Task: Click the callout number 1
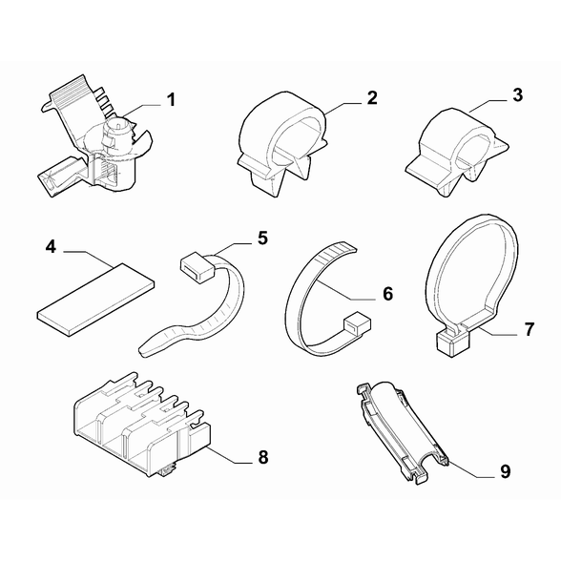coord(172,100)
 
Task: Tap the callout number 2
coord(372,98)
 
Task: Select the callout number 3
coord(517,95)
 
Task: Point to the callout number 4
coord(51,247)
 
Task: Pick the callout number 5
coord(262,239)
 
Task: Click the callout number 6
coord(387,294)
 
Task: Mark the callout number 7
coord(530,329)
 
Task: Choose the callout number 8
coord(263,457)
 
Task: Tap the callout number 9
coord(506,471)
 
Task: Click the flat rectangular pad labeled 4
coord(95,300)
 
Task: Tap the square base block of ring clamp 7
coord(452,342)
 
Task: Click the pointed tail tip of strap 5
coord(140,351)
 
